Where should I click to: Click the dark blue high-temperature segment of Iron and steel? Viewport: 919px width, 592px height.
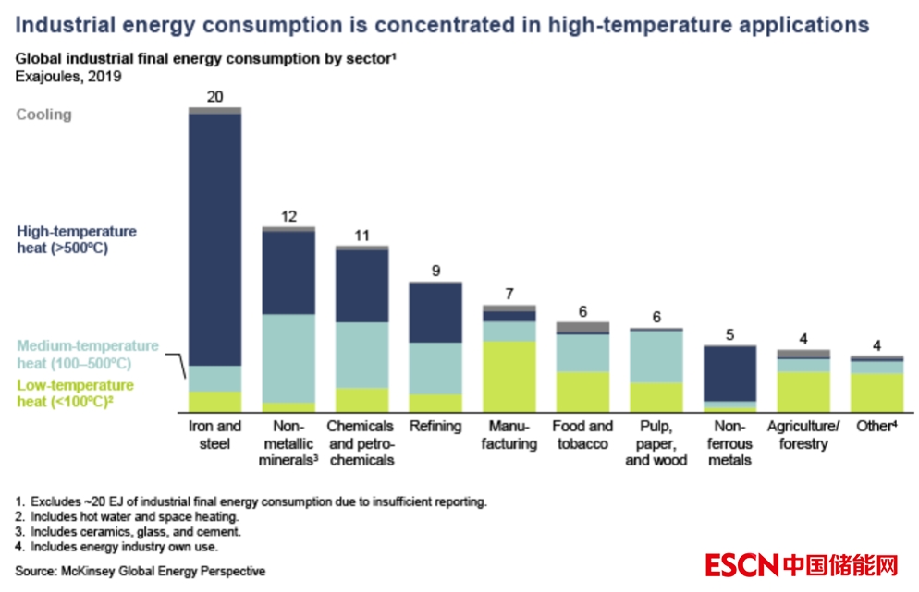pyautogui.click(x=214, y=239)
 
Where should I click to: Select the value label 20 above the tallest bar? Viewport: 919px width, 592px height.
pyautogui.click(x=215, y=97)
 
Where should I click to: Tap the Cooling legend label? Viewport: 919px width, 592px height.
pyautogui.click(x=43, y=115)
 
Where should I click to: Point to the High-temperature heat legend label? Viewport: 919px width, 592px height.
pyautogui.click(x=76, y=239)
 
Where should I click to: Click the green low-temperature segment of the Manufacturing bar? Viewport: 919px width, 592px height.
pyautogui.click(x=509, y=376)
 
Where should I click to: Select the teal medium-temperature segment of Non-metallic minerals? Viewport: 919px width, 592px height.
pyautogui.click(x=288, y=358)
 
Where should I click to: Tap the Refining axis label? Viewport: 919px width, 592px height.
pyautogui.click(x=435, y=427)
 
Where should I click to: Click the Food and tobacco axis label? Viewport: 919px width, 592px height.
pyautogui.click(x=582, y=434)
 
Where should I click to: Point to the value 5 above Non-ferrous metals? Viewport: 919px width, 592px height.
pyautogui.click(x=729, y=335)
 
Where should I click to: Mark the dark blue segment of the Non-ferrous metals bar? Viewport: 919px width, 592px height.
pyautogui.click(x=729, y=373)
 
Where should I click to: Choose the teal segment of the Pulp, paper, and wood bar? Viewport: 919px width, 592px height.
pyautogui.click(x=656, y=356)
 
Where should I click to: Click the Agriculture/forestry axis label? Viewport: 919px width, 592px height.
pyautogui.click(x=803, y=434)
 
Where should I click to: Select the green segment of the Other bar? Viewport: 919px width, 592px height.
pyautogui.click(x=876, y=392)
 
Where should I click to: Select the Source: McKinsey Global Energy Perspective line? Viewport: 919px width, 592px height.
pyautogui.click(x=140, y=570)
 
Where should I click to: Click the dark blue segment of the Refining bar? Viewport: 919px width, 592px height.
pyautogui.click(x=435, y=312)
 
